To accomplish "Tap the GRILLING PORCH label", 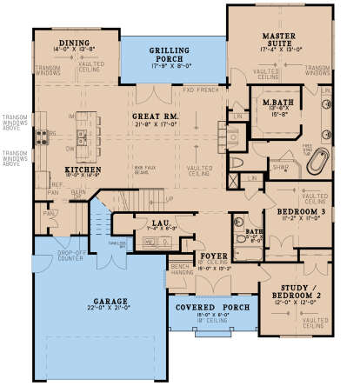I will (x=167, y=51).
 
